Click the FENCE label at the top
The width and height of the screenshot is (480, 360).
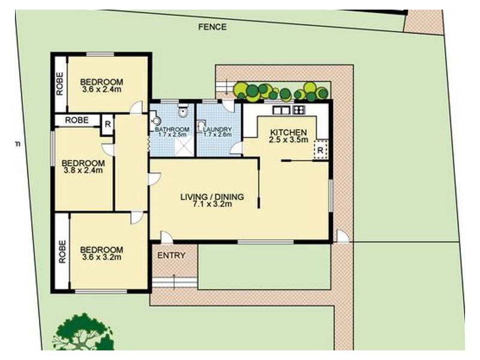(212, 26)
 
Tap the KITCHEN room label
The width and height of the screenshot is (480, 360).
(288, 133)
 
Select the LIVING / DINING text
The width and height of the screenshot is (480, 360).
(212, 196)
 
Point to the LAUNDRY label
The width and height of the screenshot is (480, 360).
(217, 129)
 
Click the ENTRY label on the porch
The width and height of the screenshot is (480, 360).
(171, 256)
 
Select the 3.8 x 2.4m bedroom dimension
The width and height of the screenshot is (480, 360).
(83, 170)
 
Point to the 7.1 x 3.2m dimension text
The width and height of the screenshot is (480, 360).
(212, 204)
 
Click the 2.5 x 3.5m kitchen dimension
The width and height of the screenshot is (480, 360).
(288, 140)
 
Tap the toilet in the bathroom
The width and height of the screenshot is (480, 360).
(184, 112)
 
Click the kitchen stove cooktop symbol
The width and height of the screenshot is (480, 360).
(298, 110)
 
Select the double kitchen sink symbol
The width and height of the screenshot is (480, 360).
(280, 110)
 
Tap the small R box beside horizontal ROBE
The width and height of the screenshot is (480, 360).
(107, 124)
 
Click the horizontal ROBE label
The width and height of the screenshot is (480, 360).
(77, 120)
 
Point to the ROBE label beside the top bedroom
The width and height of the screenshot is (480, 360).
(60, 84)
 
